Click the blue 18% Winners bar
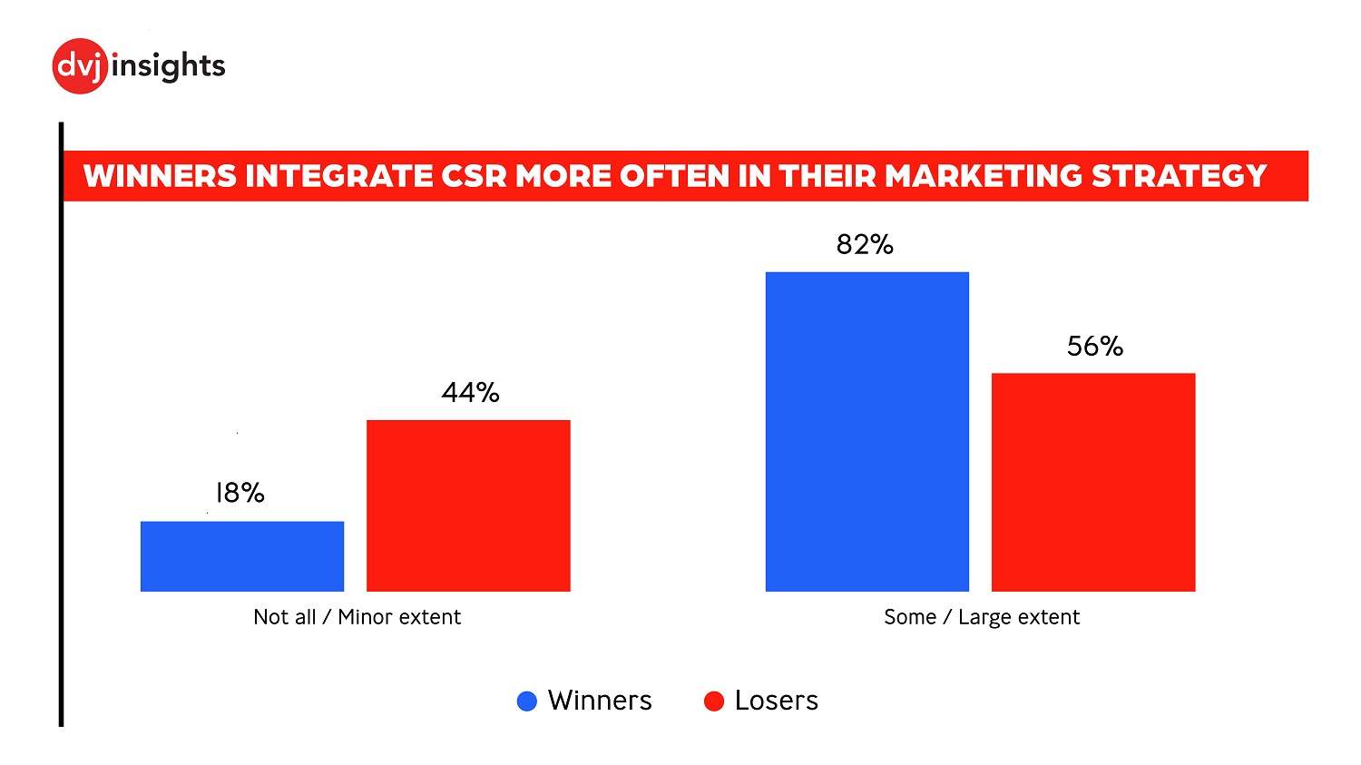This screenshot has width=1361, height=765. (x=242, y=556)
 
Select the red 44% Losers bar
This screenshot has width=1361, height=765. (x=468, y=505)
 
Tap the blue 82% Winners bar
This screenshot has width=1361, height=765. (x=867, y=432)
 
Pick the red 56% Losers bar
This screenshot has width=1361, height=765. (x=1093, y=482)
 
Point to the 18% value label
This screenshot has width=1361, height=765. (x=240, y=493)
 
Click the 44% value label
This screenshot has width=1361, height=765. (x=470, y=392)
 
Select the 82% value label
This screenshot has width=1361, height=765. (x=865, y=244)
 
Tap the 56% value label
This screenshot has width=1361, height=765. (x=1095, y=346)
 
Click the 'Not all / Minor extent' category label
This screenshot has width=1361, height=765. (x=357, y=617)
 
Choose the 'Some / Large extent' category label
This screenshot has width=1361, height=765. (x=982, y=617)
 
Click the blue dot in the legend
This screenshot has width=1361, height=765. (x=527, y=701)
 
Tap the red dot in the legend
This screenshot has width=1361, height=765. (x=714, y=701)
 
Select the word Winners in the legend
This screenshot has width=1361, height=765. (x=600, y=701)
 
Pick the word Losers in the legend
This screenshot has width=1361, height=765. (x=776, y=701)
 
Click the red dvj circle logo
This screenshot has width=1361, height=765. (x=81, y=66)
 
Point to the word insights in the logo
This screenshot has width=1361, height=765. (x=169, y=66)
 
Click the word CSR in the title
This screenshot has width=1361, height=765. (x=474, y=176)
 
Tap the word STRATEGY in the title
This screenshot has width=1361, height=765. (x=1179, y=176)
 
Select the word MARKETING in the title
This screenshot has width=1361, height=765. (x=984, y=176)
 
